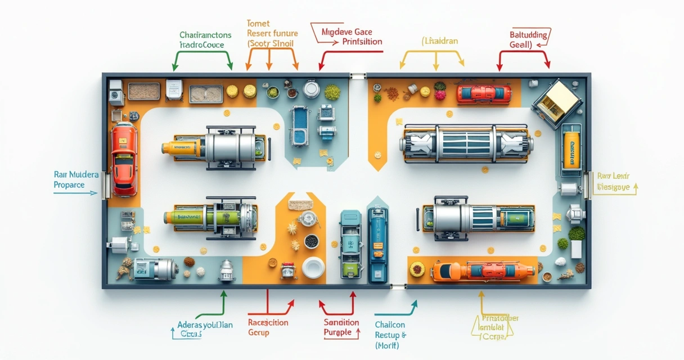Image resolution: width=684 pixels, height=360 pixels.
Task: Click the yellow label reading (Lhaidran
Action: click(440, 41)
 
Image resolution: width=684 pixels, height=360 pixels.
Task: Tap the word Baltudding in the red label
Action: click(528, 35)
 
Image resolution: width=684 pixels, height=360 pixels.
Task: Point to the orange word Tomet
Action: click(258, 24)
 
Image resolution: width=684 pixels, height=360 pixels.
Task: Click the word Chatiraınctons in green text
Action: click(205, 35)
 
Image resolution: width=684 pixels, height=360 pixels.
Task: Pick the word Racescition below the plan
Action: click(268, 322)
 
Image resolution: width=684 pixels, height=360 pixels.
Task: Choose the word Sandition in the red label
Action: click(341, 322)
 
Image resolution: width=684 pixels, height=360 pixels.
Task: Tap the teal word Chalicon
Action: click(390, 325)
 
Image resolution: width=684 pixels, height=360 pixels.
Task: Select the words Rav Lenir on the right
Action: click(613, 176)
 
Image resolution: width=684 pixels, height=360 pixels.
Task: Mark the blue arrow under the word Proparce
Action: click(75, 193)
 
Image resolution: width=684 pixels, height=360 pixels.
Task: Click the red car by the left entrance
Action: click(123, 160)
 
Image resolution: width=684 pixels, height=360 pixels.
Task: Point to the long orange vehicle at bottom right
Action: click(483, 271)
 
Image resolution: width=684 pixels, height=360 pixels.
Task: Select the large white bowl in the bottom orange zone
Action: click(313, 267)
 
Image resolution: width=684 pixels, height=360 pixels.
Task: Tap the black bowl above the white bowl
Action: click(310, 241)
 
